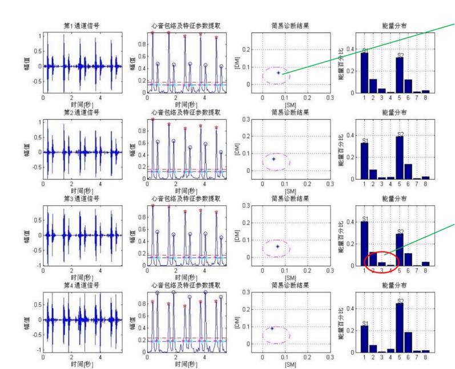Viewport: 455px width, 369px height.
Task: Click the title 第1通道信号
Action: pyautogui.click(x=83, y=26)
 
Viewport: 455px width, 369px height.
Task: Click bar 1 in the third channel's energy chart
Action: pyautogui.click(x=365, y=244)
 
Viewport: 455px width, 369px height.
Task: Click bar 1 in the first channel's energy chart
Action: pyautogui.click(x=365, y=72)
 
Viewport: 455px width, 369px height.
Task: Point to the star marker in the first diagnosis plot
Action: pyautogui.click(x=279, y=72)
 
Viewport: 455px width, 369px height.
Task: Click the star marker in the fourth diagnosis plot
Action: pyautogui.click(x=272, y=328)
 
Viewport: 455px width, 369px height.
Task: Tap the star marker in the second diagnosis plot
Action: pyautogui.click(x=273, y=159)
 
